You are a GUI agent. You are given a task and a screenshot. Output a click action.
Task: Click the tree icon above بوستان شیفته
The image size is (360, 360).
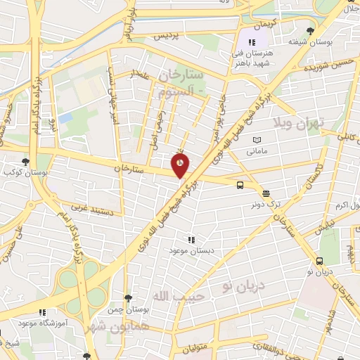coord(311,30)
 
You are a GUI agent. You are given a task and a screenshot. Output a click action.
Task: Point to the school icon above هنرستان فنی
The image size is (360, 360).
coord(252,42)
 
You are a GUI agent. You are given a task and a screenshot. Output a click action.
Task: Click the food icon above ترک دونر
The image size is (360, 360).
coord(266,194)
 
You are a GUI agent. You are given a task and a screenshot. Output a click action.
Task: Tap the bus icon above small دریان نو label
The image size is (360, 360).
coord(320,261)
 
